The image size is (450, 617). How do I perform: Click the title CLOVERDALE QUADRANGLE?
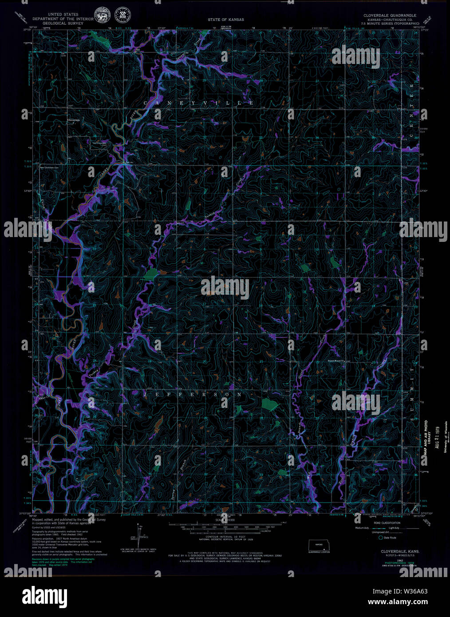tap(390, 15)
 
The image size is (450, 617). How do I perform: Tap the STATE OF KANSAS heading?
tap(225, 20)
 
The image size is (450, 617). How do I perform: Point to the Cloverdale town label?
tap(73, 120)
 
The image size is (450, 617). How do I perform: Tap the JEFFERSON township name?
tap(193, 394)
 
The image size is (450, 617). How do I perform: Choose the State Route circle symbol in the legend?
tap(380, 538)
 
